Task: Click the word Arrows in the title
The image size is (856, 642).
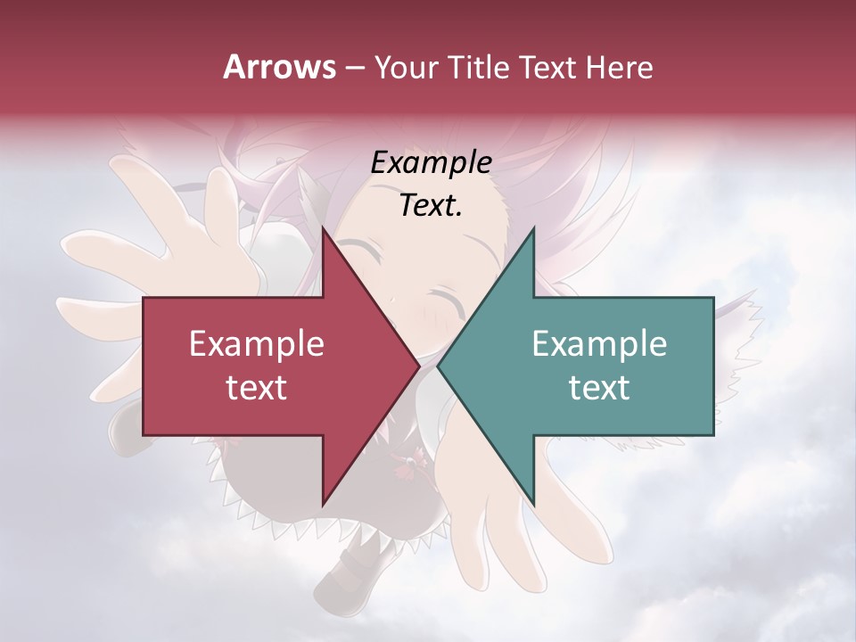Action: [x=280, y=67]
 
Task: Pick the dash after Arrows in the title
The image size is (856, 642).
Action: [x=355, y=68]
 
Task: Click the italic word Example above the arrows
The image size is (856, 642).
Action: [x=431, y=163]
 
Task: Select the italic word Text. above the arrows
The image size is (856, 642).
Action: [x=431, y=205]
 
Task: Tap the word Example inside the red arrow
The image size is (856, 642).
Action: [x=257, y=344]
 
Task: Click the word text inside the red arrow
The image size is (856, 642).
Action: [x=257, y=388]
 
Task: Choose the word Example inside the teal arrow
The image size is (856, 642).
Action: [x=599, y=344]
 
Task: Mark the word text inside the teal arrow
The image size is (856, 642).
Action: [x=599, y=388]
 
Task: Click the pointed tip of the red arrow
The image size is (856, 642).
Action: [x=417, y=366]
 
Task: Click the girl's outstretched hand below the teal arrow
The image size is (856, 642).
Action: [x=499, y=526]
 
